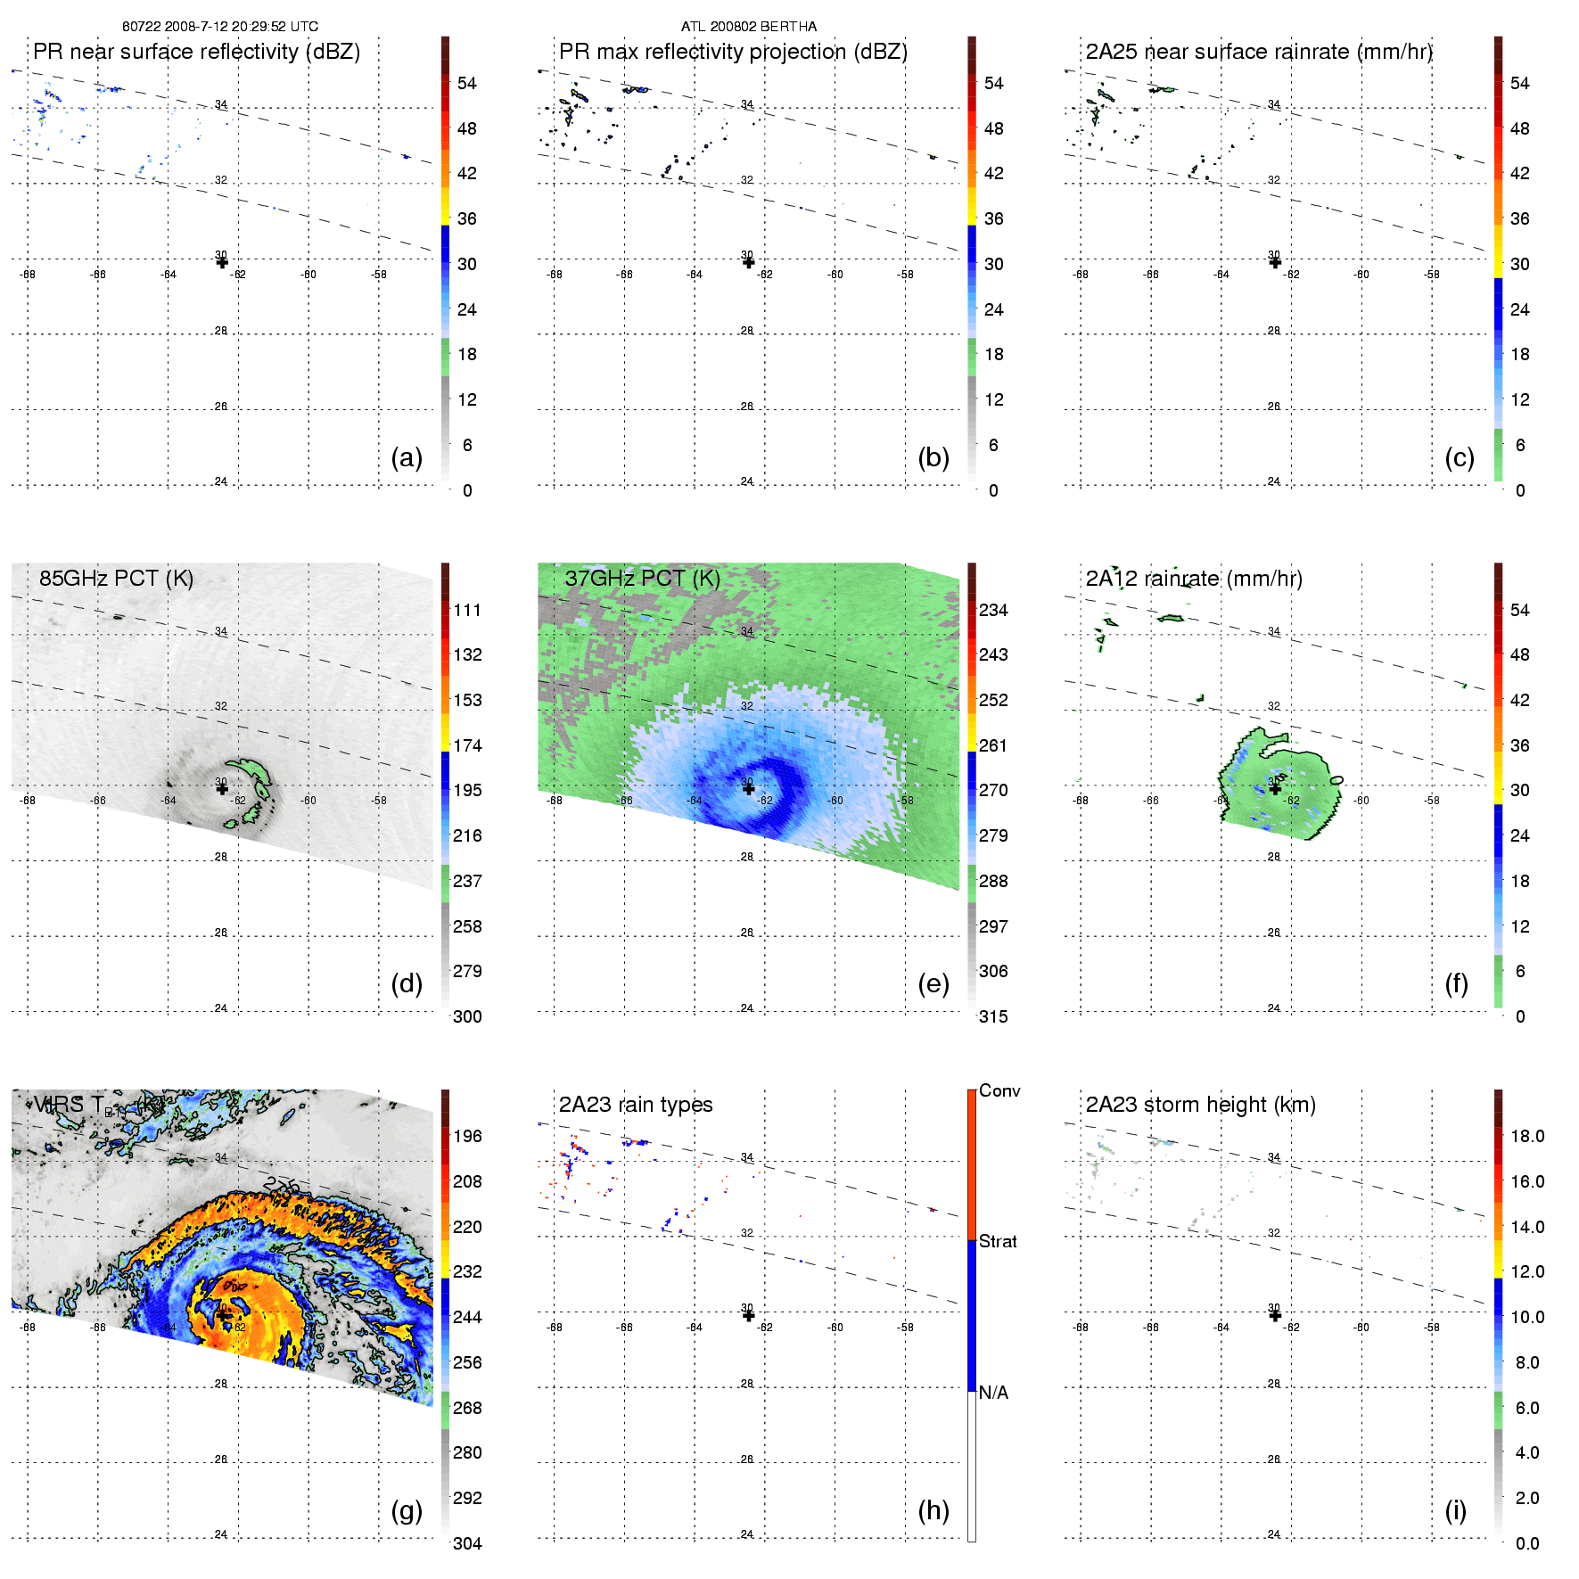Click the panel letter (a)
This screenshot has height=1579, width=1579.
point(406,458)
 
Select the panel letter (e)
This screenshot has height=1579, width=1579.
point(933,984)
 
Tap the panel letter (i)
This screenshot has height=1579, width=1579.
point(1455,1510)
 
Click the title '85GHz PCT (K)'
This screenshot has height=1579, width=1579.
point(116,578)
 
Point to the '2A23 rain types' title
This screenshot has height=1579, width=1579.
point(635,1105)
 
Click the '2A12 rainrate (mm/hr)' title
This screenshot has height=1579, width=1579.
point(1193,578)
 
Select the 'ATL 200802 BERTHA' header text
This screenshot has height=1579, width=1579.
point(748,26)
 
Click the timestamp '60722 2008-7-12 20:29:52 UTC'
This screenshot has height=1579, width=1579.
point(220,26)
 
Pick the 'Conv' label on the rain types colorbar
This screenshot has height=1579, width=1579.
point(999,1090)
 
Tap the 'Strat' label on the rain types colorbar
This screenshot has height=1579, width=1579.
point(998,1241)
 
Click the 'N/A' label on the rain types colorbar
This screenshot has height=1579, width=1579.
point(993,1393)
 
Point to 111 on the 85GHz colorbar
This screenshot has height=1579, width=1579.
point(467,610)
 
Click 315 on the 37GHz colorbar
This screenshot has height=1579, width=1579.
point(993,1016)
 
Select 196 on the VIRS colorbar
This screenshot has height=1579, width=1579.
point(467,1136)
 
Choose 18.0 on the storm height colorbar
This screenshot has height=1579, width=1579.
point(1526,1136)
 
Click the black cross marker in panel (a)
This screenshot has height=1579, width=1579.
point(222,262)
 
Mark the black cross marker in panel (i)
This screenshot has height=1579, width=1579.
point(1275,1315)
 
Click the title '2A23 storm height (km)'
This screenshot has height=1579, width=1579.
point(1200,1105)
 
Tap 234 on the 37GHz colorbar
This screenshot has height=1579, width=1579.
point(993,610)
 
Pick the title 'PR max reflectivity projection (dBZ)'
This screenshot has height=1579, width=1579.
point(733,52)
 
